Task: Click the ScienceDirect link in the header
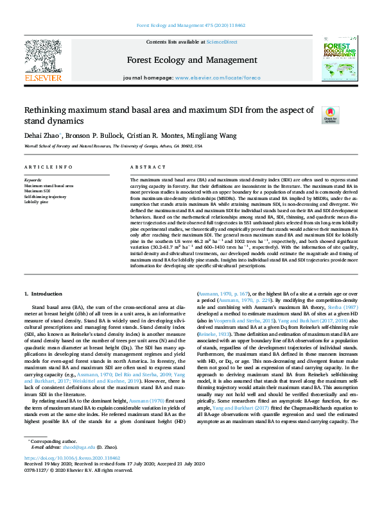(x=221, y=41)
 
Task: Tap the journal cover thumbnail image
(x=338, y=60)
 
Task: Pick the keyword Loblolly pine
(x=37, y=202)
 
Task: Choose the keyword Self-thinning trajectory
(x=45, y=196)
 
